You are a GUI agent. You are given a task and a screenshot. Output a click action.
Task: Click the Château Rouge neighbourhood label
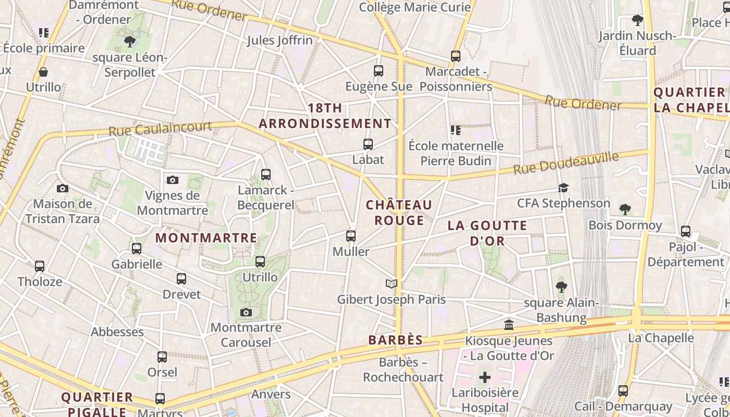(399, 213)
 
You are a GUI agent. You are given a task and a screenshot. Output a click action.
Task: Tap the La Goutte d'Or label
(488, 233)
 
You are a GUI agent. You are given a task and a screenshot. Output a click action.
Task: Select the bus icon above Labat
(368, 144)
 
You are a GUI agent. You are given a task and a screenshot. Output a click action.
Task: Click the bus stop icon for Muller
(351, 236)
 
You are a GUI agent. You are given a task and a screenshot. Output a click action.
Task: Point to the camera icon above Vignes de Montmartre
(173, 180)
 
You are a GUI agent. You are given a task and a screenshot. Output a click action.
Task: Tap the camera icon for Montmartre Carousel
(246, 313)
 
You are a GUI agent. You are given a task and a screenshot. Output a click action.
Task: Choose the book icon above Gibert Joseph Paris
(392, 284)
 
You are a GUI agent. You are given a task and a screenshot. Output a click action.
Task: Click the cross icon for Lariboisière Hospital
(485, 377)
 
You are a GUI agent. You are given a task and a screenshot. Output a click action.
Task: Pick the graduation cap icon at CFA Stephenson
(563, 188)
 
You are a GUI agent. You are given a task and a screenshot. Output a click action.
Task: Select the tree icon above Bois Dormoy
(625, 210)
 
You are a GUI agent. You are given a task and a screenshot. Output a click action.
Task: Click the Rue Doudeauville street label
(566, 163)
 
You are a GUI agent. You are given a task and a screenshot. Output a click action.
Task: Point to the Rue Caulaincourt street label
(161, 128)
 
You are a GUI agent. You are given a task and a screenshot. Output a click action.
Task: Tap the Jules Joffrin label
(280, 40)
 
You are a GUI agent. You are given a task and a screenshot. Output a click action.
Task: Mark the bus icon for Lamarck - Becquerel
(266, 175)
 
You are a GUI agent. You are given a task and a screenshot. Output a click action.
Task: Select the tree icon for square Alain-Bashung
(562, 287)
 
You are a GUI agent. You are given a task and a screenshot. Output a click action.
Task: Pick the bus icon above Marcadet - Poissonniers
(456, 56)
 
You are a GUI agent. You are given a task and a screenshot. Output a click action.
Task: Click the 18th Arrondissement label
(325, 116)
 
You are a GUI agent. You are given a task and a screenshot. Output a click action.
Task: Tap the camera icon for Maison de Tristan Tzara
(63, 188)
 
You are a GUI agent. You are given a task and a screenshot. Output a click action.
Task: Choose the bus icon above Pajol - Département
(686, 231)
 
